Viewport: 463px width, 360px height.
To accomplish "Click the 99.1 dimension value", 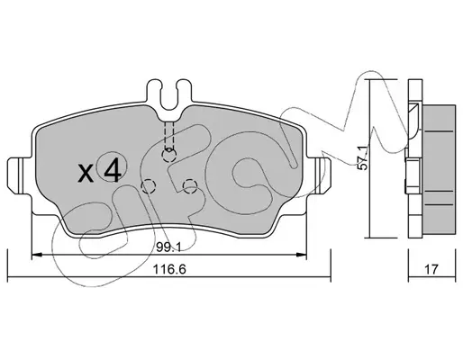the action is [168, 247].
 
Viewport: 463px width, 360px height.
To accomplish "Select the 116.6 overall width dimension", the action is [169, 269].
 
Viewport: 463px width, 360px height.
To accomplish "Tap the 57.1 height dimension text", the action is [363, 158].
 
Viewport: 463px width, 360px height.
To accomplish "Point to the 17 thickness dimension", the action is [431, 269].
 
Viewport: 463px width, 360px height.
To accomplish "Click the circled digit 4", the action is [113, 170].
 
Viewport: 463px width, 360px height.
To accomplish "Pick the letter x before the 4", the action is [86, 174].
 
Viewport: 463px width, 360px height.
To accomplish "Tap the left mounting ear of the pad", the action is [19, 176].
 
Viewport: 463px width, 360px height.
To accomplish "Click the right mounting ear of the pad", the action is [319, 176].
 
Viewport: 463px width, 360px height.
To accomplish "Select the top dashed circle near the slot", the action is [169, 155].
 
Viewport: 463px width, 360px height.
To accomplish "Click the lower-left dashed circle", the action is [149, 186].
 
